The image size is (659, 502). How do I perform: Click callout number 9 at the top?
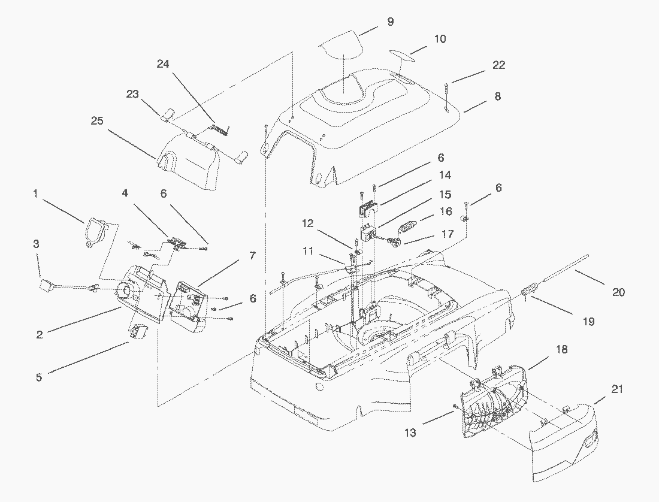(390, 22)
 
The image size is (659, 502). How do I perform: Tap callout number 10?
(440, 39)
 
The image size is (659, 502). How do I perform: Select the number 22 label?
(498, 65)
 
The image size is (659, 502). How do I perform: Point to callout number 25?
(96, 121)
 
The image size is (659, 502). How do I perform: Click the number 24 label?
(164, 63)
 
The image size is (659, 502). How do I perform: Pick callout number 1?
(35, 193)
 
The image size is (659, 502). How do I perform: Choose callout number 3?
(37, 244)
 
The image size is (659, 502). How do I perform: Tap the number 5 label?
(39, 378)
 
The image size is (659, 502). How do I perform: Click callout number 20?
(618, 292)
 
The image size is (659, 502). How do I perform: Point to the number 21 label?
(617, 389)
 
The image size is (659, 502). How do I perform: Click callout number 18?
(562, 349)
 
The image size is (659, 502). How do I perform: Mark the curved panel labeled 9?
(340, 46)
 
